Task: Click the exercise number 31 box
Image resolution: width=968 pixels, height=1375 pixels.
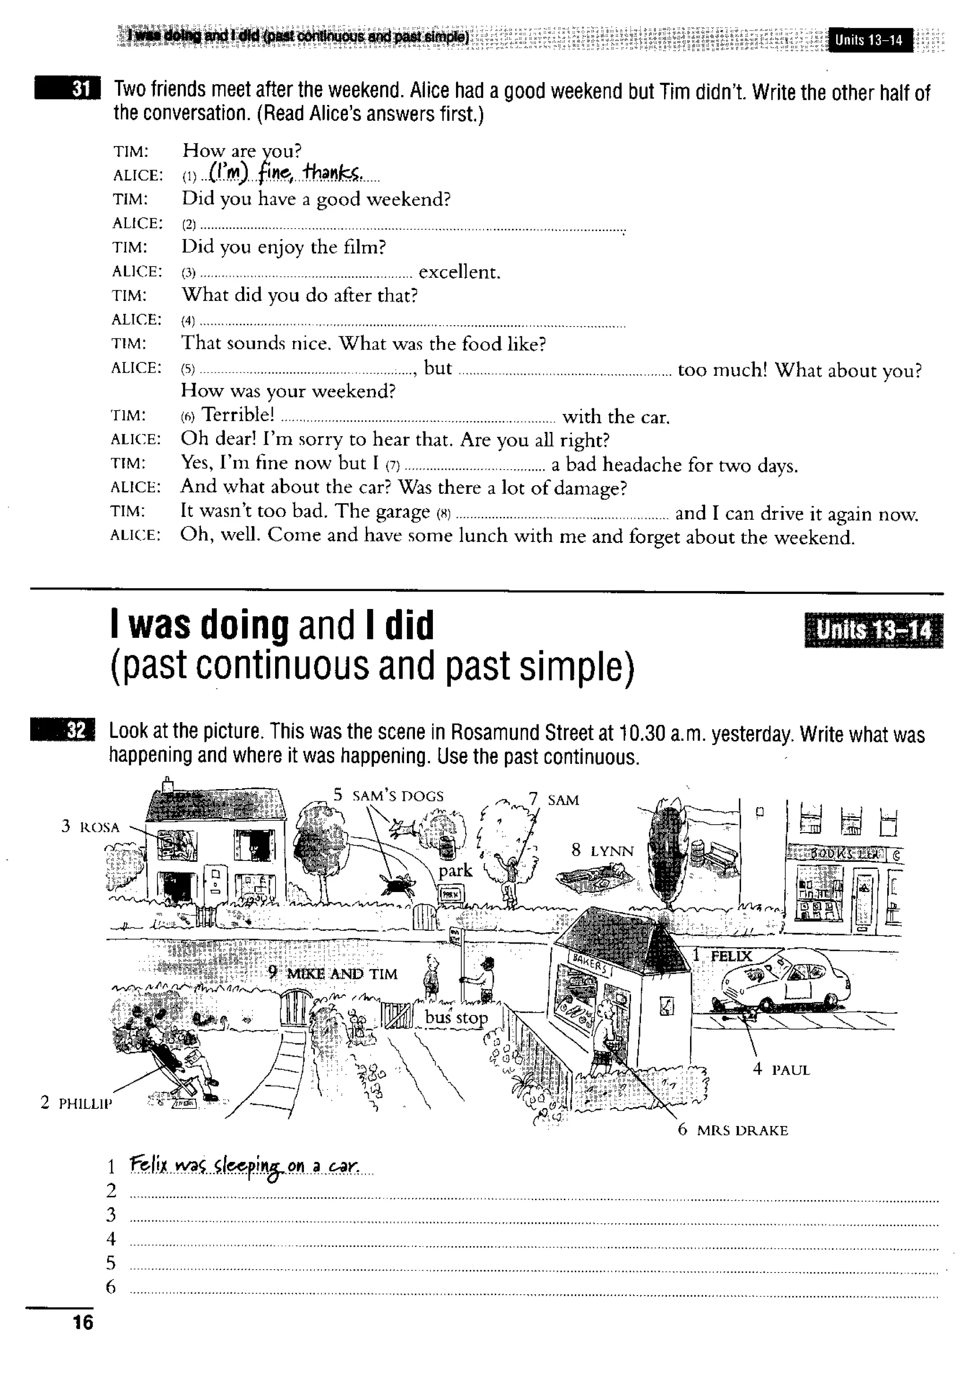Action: (68, 89)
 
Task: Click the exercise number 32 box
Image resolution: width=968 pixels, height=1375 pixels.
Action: (62, 730)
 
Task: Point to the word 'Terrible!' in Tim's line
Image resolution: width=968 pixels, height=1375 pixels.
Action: (238, 414)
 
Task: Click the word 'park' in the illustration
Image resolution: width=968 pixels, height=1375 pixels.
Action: (455, 870)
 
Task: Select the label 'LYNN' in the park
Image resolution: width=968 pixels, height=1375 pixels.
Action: (611, 851)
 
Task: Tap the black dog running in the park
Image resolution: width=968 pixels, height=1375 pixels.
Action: (396, 883)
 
